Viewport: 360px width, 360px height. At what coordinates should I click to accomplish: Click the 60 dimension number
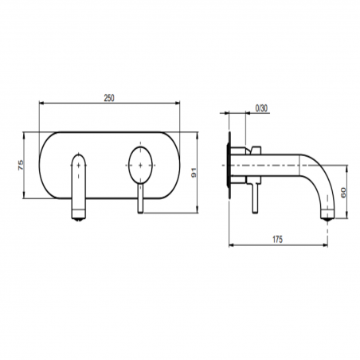(343, 192)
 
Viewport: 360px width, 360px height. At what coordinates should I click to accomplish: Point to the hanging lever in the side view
(254, 195)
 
